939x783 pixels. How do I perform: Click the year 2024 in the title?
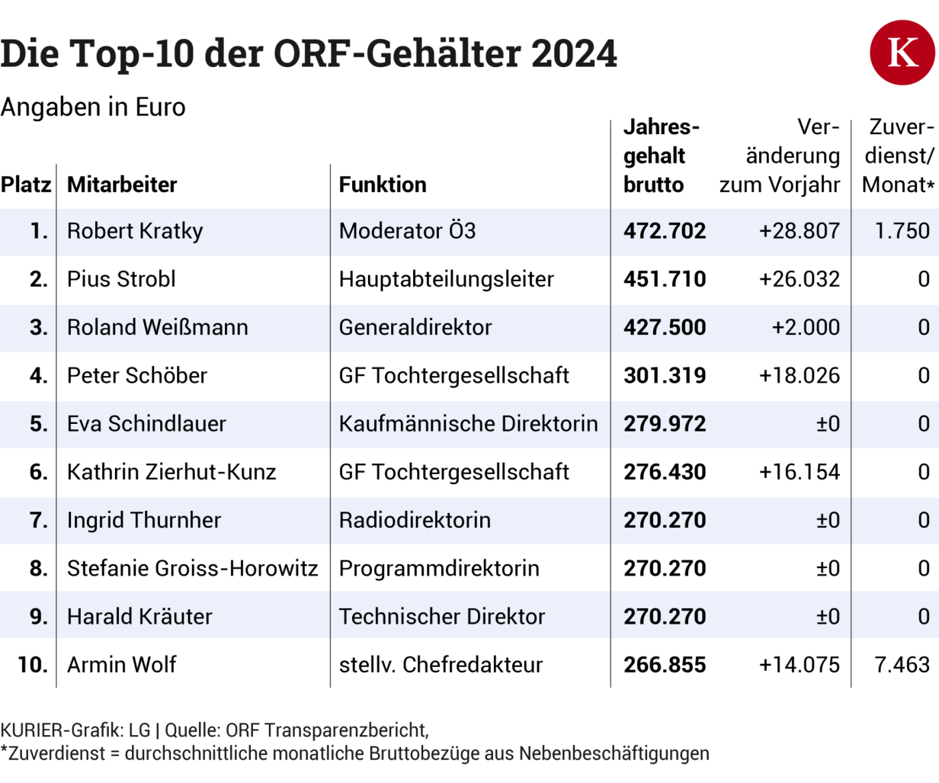point(574,53)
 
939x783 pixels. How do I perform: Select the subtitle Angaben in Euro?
point(93,108)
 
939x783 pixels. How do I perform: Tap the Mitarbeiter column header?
point(122,185)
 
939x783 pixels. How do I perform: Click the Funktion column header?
point(383,185)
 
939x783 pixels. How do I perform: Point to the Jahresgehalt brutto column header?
point(661,156)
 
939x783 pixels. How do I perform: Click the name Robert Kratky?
point(135,231)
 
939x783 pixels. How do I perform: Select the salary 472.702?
point(665,231)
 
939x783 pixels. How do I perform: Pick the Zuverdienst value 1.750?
point(902,231)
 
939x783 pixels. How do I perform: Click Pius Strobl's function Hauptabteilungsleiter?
point(446,279)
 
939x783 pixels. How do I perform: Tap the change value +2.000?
point(805,327)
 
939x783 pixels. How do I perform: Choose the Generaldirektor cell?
point(415,327)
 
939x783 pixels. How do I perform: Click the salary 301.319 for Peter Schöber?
point(665,375)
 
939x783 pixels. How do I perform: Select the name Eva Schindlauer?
point(146,424)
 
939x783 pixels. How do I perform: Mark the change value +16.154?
point(799,472)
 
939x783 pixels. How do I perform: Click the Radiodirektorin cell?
point(415,520)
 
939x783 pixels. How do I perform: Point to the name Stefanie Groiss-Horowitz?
point(192,568)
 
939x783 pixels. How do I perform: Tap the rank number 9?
point(39,616)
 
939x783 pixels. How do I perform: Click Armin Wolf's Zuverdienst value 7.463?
point(902,665)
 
